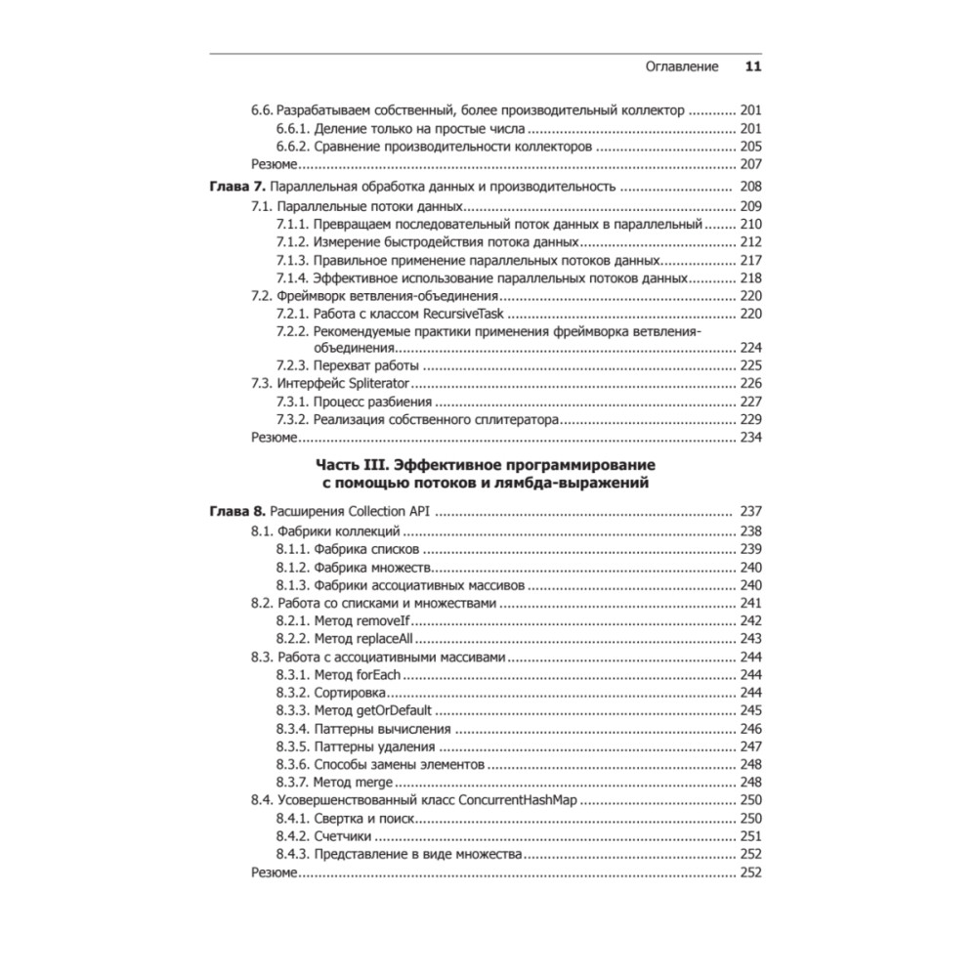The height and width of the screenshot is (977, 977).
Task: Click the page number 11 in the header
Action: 752,67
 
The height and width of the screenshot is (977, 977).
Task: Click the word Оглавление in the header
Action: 683,67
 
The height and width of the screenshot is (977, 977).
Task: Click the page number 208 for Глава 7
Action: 750,187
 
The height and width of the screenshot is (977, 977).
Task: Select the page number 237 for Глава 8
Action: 750,511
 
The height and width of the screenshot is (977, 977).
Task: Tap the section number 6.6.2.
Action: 293,146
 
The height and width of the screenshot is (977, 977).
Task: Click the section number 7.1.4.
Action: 293,278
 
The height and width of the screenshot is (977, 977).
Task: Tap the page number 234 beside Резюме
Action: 750,438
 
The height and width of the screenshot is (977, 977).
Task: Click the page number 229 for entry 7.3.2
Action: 750,419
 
